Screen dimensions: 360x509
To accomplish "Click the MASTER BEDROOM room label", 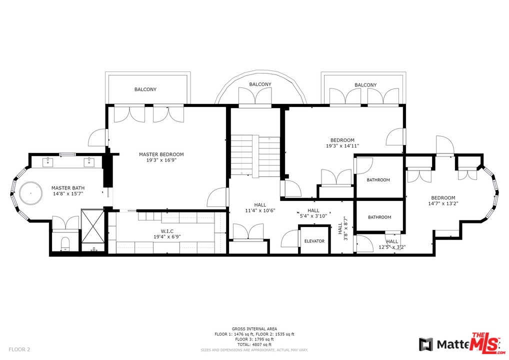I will pos(161,154).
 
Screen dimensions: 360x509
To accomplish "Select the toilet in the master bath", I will pos(64,243).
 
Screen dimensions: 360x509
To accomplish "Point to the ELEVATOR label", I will pos(314,241).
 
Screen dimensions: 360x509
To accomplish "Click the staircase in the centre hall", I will pos(255,155).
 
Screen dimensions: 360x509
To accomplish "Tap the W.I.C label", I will pos(166,230).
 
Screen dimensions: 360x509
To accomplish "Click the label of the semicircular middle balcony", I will pos(260,84).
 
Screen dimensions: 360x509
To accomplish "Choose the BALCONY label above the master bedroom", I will pos(145,89).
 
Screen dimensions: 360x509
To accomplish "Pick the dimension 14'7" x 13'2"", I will pos(443,203).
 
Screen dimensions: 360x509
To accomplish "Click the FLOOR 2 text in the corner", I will pos(19,349).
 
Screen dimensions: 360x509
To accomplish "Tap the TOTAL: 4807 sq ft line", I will pos(254,344).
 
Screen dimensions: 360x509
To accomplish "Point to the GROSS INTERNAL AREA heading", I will pos(254,328).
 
